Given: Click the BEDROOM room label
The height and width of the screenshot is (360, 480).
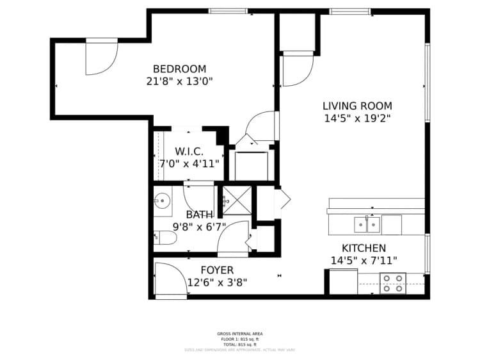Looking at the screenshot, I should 179,69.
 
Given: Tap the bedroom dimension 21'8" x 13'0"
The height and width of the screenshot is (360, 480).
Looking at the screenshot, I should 179,81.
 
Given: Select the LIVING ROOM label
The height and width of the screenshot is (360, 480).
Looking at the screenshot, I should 357,106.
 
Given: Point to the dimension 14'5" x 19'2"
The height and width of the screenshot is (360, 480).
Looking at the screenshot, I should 357,119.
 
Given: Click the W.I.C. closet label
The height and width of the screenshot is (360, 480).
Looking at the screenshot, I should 189,152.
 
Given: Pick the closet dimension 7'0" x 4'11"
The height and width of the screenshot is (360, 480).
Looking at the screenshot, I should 189,164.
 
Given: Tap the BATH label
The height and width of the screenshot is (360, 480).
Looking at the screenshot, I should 199,215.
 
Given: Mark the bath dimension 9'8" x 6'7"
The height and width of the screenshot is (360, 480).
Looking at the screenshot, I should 199,227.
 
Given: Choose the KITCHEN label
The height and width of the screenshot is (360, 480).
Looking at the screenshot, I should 364,249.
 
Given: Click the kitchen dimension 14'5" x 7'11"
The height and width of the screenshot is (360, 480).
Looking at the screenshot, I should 364,261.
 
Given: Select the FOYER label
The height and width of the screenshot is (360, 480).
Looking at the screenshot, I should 217,270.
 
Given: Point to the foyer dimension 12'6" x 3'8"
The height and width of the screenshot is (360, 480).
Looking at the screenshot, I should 217,282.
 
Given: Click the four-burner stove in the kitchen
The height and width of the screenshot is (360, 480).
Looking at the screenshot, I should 393,283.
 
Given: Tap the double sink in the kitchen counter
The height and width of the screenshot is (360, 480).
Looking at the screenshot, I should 368,225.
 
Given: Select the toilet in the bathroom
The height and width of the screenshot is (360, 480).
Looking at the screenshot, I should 164,238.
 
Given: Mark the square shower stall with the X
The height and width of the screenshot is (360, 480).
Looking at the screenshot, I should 236,200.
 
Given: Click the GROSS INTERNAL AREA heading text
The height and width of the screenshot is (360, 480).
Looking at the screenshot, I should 240,334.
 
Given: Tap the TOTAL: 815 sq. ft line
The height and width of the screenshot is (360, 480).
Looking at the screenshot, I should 240,344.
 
